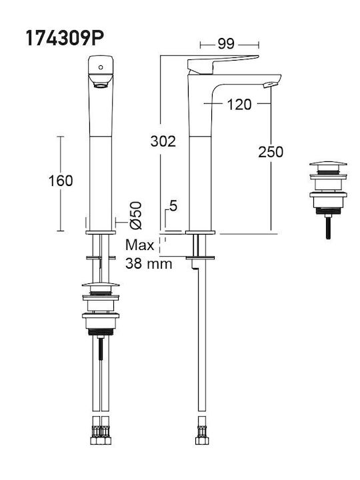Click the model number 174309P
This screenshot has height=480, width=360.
pyautogui.click(x=65, y=38)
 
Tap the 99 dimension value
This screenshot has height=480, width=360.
pyautogui.click(x=226, y=44)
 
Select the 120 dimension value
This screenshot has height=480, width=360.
pyautogui.click(x=239, y=105)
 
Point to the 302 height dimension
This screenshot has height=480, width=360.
pyautogui.click(x=163, y=141)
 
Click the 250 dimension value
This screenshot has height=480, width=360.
pyautogui.click(x=271, y=152)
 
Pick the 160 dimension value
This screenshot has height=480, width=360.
pyautogui.click(x=61, y=181)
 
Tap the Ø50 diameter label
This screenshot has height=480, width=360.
pyautogui.click(x=136, y=215)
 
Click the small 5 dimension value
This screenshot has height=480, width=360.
pyautogui.click(x=173, y=206)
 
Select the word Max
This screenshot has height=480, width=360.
pyautogui.click(x=139, y=245)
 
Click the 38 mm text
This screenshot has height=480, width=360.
pyautogui.click(x=149, y=263)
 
